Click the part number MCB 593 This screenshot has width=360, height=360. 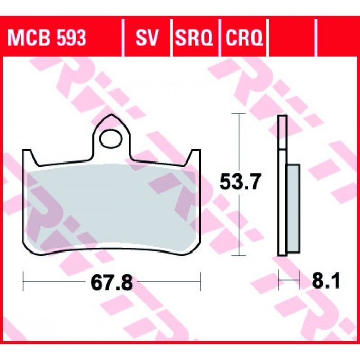(x=47, y=38)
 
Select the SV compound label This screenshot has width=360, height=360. (x=147, y=38)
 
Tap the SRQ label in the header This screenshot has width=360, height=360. (x=194, y=38)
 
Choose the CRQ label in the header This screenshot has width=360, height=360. (x=244, y=38)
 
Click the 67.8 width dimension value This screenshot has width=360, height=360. (x=112, y=283)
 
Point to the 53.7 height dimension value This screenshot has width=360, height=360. (x=240, y=182)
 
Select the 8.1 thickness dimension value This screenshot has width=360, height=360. (x=326, y=280)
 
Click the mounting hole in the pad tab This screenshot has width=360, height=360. (x=111, y=138)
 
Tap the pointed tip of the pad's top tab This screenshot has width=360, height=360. (x=112, y=114)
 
